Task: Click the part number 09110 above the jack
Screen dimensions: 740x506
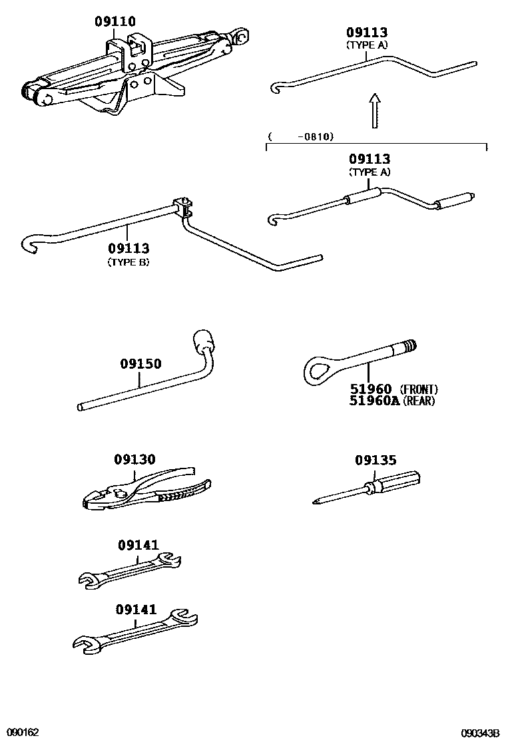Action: click(x=115, y=21)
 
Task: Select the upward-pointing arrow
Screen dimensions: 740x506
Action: click(x=375, y=110)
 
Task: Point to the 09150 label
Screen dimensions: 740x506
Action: click(x=140, y=364)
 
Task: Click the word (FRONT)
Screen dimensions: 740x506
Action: click(x=419, y=390)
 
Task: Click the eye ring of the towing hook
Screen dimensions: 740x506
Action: click(x=316, y=369)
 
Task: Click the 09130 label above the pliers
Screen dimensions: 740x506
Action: click(x=134, y=459)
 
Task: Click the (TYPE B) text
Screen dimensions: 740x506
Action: click(x=128, y=262)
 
